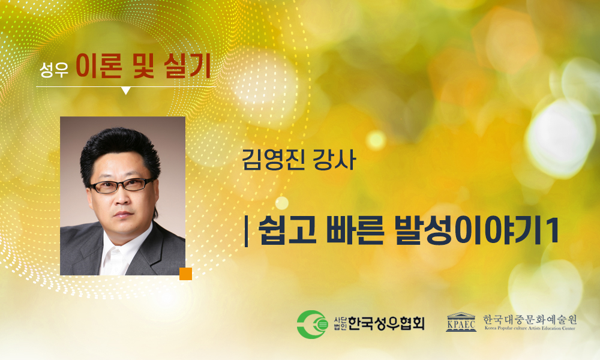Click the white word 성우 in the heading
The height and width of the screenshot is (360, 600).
tap(54, 69)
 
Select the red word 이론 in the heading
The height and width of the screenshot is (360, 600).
tap(99, 65)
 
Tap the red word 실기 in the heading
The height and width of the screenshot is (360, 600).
tap(187, 65)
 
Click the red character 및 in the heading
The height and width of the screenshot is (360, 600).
tap(143, 66)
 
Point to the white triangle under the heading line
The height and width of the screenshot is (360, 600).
tap(126, 90)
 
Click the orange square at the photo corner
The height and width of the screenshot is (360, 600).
tap(185, 274)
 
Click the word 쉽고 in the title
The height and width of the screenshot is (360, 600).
tap(287, 230)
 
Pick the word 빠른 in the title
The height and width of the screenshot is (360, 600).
tap(355, 230)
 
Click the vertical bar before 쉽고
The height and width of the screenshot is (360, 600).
tap(246, 231)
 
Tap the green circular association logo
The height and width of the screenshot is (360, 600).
tap(313, 325)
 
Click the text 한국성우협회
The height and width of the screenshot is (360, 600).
tap(386, 324)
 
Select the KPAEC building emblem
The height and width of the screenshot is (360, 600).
tap(461, 322)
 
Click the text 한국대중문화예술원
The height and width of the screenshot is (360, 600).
tap(530, 319)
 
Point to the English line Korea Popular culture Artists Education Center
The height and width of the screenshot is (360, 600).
tap(530, 328)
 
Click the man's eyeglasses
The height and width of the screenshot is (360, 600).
tap(121, 185)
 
